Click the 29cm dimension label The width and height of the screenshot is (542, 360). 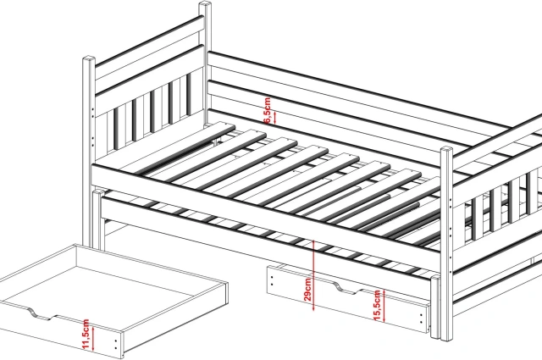308,289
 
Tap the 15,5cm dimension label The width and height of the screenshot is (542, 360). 377,305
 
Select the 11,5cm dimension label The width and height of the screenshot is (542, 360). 86,334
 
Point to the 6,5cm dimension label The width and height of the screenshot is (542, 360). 268,110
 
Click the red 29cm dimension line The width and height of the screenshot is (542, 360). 313,275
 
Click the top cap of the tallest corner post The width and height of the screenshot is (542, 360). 205,5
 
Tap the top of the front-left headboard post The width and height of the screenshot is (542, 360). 89,58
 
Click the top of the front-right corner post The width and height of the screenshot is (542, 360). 446,149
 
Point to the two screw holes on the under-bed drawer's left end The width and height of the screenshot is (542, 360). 273,281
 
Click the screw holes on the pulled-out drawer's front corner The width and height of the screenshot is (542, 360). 116,345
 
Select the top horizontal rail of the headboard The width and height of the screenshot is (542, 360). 149,42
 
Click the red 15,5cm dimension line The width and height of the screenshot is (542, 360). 384,305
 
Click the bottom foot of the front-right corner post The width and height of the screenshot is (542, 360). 446,336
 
